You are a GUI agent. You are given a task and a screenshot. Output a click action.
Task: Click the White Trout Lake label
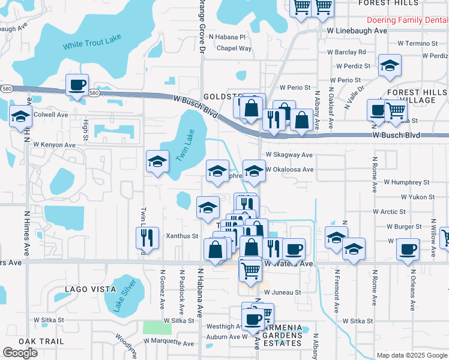(92, 41)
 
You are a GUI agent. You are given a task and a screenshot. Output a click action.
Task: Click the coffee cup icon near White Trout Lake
(77, 85)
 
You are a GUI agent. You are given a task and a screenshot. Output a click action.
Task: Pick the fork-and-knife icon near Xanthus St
(146, 238)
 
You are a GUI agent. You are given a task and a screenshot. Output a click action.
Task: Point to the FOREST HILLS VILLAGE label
(417, 96)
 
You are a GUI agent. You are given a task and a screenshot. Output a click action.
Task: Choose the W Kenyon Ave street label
(54, 145)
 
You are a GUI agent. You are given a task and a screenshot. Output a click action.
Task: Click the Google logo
(20, 353)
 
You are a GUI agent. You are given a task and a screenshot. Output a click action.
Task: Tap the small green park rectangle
(157, 328)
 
